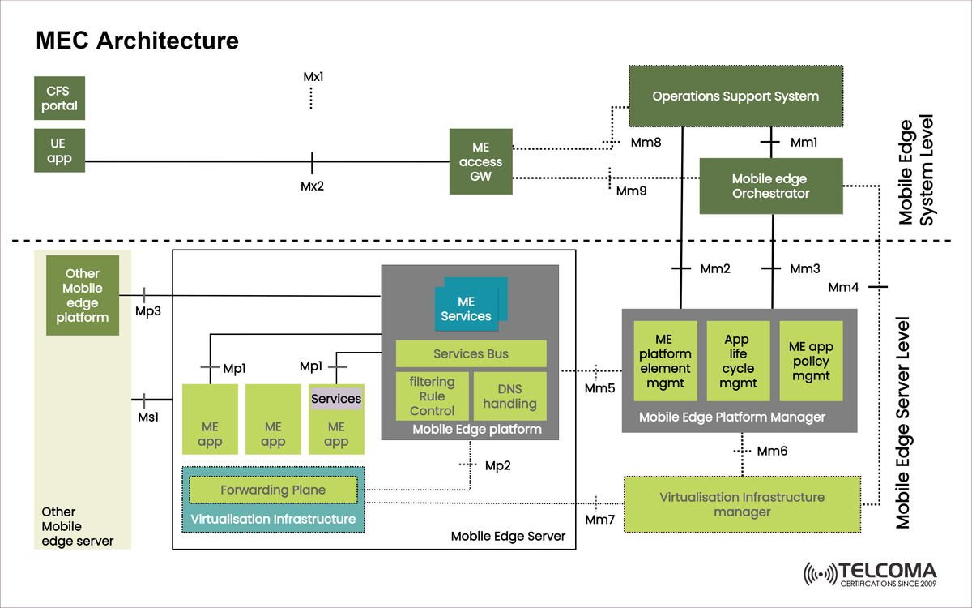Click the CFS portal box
coord(59,97)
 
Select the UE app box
coord(59,150)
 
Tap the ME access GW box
coord(481,161)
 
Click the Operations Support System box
coord(735,96)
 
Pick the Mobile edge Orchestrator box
coord(770,186)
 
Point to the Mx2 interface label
coord(313,186)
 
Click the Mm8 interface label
coord(646,143)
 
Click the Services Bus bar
coord(471,353)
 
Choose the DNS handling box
coord(509,396)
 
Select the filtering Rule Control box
coord(432,396)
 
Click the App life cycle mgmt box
coord(737,361)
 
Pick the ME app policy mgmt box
coord(810,361)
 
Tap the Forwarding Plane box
coord(273,490)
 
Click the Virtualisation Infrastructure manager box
coord(741,504)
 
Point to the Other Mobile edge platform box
coord(83,295)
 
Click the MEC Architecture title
coord(136,41)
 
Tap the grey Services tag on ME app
coord(336,399)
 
